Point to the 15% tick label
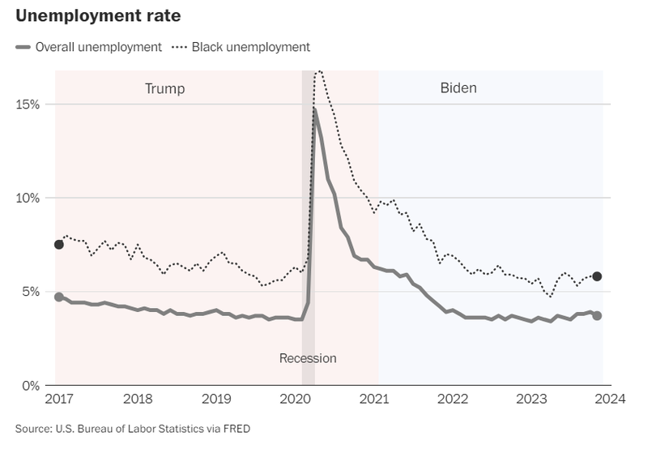[x=28, y=105]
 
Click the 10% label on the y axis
[x=28, y=198]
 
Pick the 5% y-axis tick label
[x=31, y=292]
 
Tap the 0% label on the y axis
[x=31, y=385]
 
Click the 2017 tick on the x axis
[x=58, y=400]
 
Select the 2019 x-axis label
[x=215, y=400]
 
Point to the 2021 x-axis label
[x=373, y=400]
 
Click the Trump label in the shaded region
[x=164, y=88]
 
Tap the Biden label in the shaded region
[x=458, y=88]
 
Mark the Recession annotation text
[x=308, y=358]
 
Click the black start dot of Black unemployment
[x=58, y=245]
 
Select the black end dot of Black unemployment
[x=597, y=276]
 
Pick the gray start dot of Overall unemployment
[x=58, y=297]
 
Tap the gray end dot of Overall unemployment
[x=597, y=315]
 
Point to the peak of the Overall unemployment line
[x=314, y=109]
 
